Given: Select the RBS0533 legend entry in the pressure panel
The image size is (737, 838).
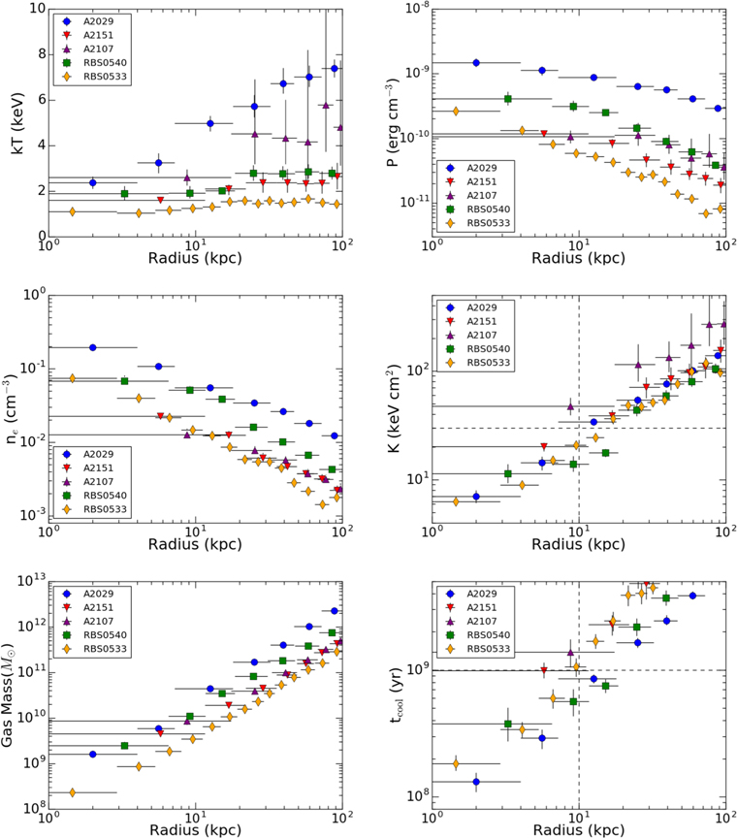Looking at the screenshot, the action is [475, 223].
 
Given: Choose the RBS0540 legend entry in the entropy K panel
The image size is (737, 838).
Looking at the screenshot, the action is [475, 349].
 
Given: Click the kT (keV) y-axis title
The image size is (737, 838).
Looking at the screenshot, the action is [17, 123].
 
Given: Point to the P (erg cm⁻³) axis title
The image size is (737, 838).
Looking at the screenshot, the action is [393, 123].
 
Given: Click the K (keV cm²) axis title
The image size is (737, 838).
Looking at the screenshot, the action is [394, 409].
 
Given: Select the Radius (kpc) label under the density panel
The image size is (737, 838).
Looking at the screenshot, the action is [195, 544].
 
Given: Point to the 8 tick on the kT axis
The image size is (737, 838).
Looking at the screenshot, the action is [41, 54].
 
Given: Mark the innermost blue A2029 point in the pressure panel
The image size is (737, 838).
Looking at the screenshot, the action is [476, 63].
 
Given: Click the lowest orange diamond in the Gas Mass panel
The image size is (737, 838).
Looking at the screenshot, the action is [72, 792].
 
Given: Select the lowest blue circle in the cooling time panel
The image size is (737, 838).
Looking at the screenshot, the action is [476, 782].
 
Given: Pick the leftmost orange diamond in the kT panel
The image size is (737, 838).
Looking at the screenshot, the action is [72, 212].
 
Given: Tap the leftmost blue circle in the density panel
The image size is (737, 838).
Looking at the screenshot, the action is [93, 348].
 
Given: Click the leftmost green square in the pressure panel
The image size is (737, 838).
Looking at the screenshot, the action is [508, 99].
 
